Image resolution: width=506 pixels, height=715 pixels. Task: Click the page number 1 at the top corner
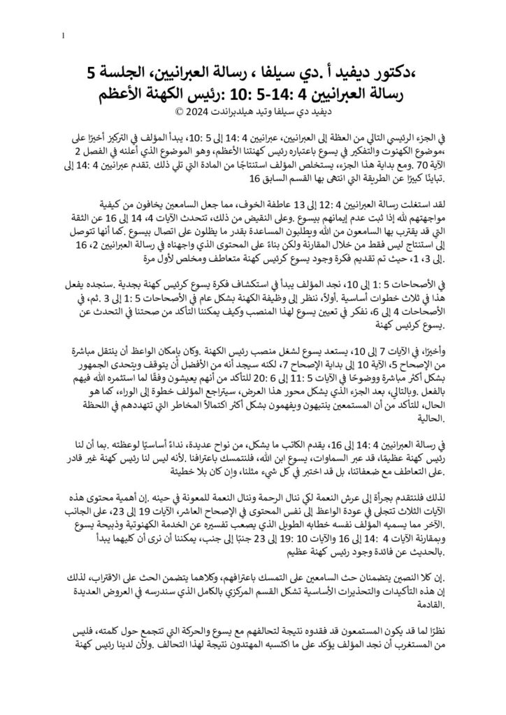click(x=64, y=36)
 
